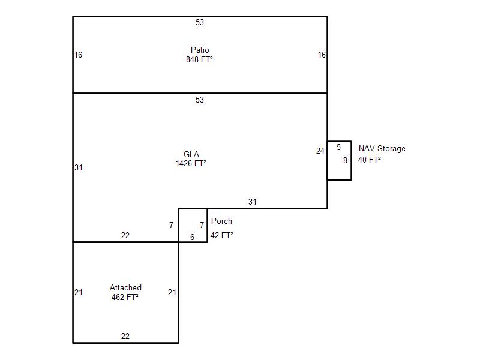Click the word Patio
tap(200, 50)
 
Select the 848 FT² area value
tap(200, 59)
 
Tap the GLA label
tap(191, 154)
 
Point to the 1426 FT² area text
tap(191, 163)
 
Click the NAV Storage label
tap(382, 148)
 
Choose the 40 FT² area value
tap(370, 160)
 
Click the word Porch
tap(221, 221)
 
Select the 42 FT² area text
tap(221, 235)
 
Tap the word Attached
tap(125, 287)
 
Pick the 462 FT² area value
tap(125, 297)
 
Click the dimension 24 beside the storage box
tap(320, 151)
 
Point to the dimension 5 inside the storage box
tap(338, 147)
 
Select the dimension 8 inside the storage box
tap(345, 160)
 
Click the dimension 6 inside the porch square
tap(192, 237)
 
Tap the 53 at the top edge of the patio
tap(200, 23)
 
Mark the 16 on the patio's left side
tap(78, 55)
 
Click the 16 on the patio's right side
tap(322, 55)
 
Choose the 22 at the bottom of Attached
tap(125, 336)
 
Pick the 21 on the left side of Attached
tap(78, 292)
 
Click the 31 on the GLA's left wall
tap(78, 167)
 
